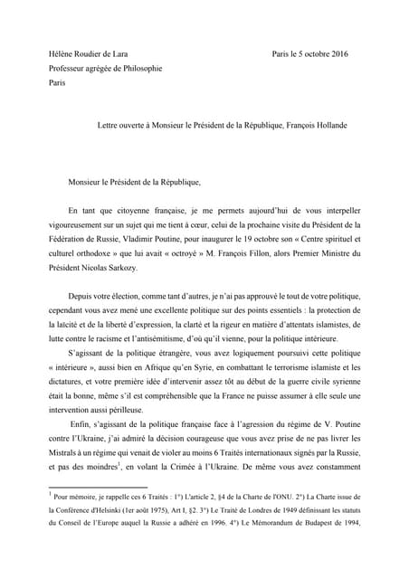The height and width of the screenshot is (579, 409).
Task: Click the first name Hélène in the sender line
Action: [x=62, y=54]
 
